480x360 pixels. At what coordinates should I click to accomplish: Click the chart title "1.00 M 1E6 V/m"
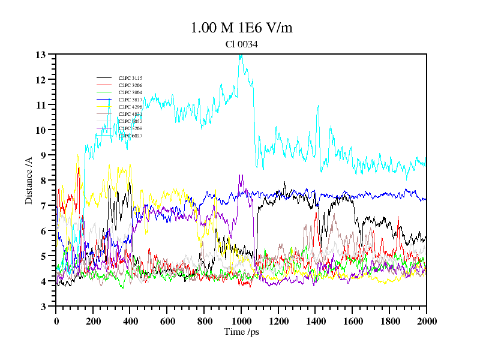[x=241, y=28]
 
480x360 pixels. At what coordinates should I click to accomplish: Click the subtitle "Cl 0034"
[x=241, y=44]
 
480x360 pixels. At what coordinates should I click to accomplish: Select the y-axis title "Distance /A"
[x=29, y=180]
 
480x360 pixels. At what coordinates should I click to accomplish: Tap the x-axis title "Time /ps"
[x=241, y=332]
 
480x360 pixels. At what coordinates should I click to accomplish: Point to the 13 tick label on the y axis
[x=41, y=55]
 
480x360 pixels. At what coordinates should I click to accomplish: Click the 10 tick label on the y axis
[x=41, y=130]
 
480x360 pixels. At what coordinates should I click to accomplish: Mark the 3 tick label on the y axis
[x=43, y=307]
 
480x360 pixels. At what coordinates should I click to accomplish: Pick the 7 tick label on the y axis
[x=43, y=206]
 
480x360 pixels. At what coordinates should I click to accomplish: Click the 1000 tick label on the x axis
[x=241, y=321]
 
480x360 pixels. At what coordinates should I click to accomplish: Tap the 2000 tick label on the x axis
[x=426, y=321]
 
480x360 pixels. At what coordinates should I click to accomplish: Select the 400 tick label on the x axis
[x=130, y=321]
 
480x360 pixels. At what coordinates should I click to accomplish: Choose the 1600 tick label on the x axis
[x=352, y=321]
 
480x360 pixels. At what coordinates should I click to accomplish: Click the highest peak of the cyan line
[x=241, y=56]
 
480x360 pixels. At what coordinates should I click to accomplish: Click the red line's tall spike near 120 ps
[x=79, y=168]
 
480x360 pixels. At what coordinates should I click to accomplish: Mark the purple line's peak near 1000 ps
[x=240, y=176]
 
